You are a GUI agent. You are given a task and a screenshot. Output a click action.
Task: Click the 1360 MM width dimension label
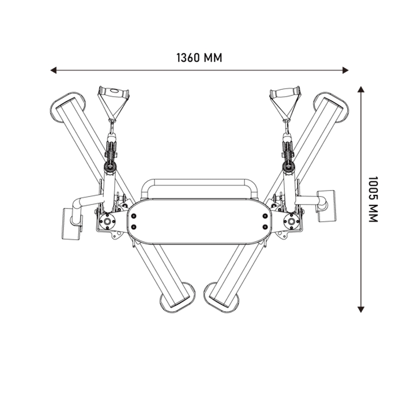pos(199,58)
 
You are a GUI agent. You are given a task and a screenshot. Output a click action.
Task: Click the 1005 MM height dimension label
pos(373,199)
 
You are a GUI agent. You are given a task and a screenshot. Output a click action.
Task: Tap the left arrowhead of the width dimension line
pos(53,70)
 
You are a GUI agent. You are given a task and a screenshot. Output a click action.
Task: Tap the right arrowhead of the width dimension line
pos(345,70)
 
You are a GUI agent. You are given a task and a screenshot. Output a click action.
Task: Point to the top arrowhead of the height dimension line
pos(361,89)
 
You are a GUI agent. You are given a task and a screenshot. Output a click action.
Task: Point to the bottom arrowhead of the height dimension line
pos(361,309)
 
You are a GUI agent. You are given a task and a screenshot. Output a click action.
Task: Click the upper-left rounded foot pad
pos(67,105)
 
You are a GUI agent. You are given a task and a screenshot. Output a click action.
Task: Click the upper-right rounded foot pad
pos(332,107)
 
